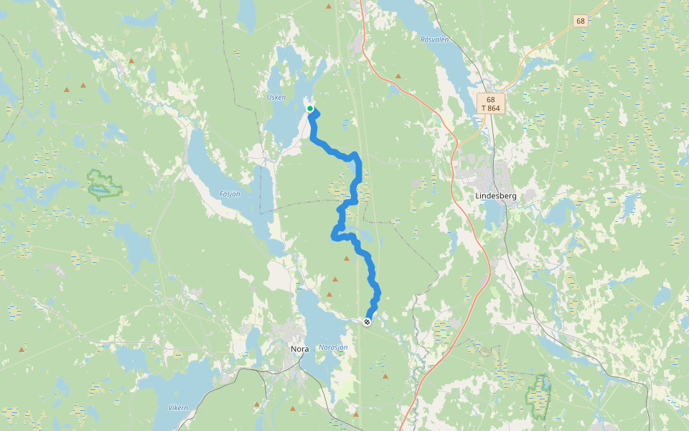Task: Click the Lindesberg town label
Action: coord(496,195)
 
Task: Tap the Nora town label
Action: coord(299,349)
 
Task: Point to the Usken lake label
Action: coord(276,97)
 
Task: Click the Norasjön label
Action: coord(333,348)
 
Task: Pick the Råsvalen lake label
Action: coord(434,40)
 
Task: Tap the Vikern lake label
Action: coord(178,408)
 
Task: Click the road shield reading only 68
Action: coord(581,21)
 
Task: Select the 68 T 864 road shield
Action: coord(490,103)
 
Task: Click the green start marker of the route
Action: coord(310,108)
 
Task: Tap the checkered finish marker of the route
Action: coord(367,322)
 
